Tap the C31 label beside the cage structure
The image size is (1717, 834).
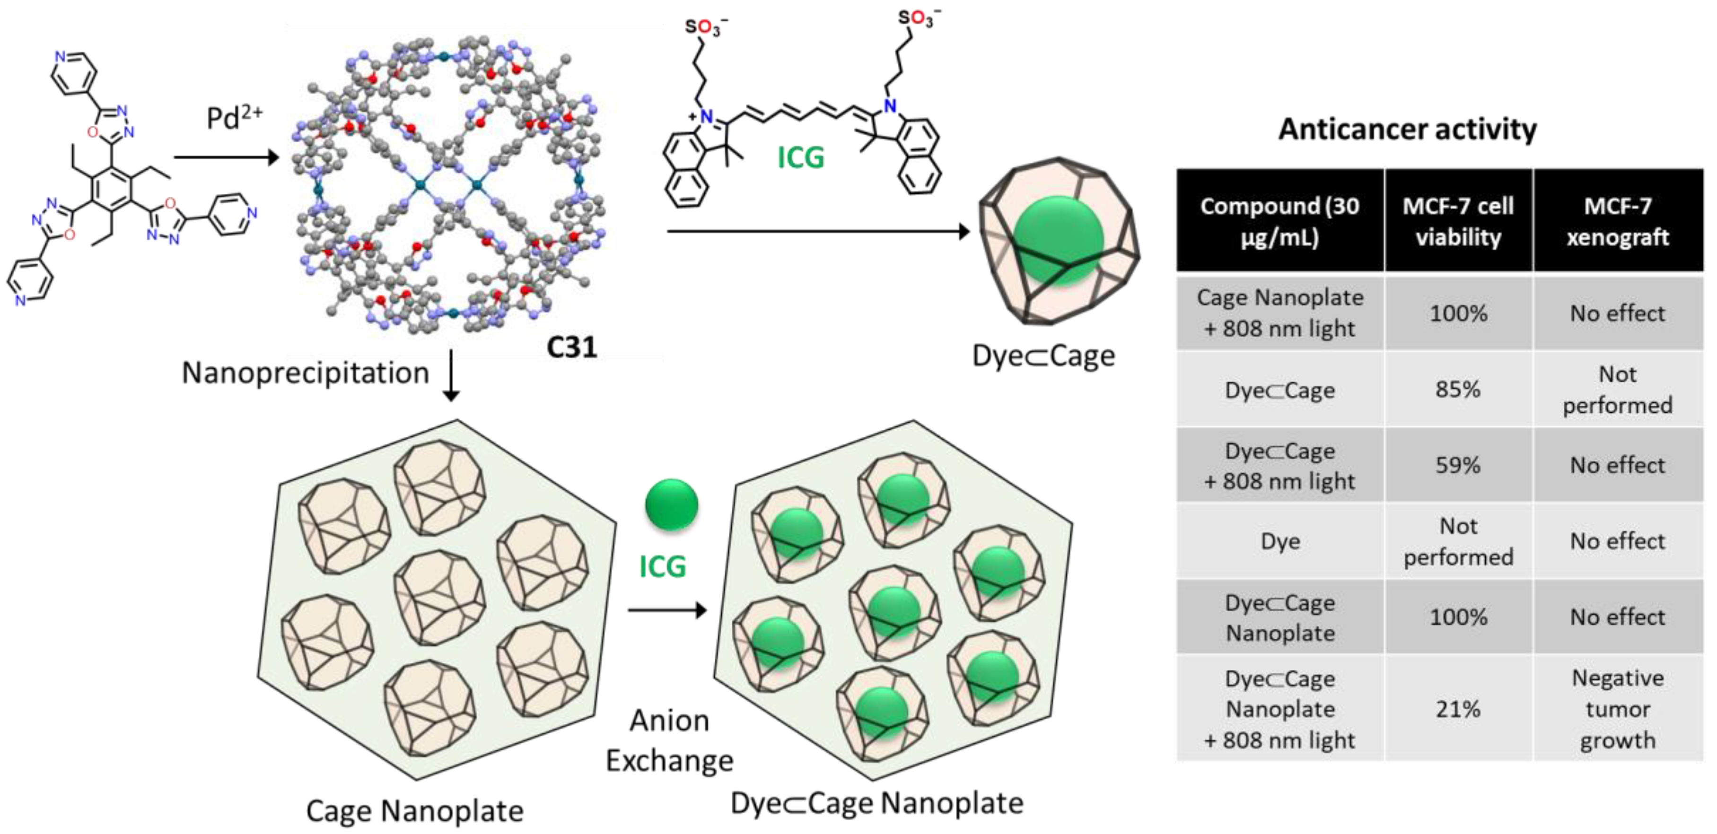(571, 347)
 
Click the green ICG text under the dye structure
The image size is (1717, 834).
(800, 158)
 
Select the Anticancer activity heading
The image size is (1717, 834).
(1407, 129)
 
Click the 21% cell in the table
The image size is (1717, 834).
(1458, 709)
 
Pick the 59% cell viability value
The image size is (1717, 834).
(1458, 465)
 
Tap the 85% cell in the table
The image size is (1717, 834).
(1458, 389)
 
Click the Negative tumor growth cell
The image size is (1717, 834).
(1618, 709)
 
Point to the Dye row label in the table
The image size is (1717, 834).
(1280, 541)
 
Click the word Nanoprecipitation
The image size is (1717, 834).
(305, 373)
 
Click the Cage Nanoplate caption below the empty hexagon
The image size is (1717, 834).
(414, 811)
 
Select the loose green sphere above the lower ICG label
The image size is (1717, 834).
(671, 505)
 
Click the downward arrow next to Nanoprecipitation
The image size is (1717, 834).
(451, 376)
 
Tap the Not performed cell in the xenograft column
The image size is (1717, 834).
(1618, 389)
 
